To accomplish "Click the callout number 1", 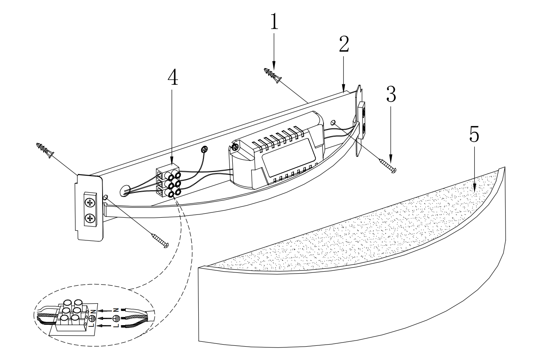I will (x=274, y=22).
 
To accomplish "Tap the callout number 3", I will (x=391, y=94).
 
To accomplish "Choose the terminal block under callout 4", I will (x=167, y=181).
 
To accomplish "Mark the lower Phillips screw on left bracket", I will (x=90, y=219).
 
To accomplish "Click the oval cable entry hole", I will (x=125, y=191).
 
